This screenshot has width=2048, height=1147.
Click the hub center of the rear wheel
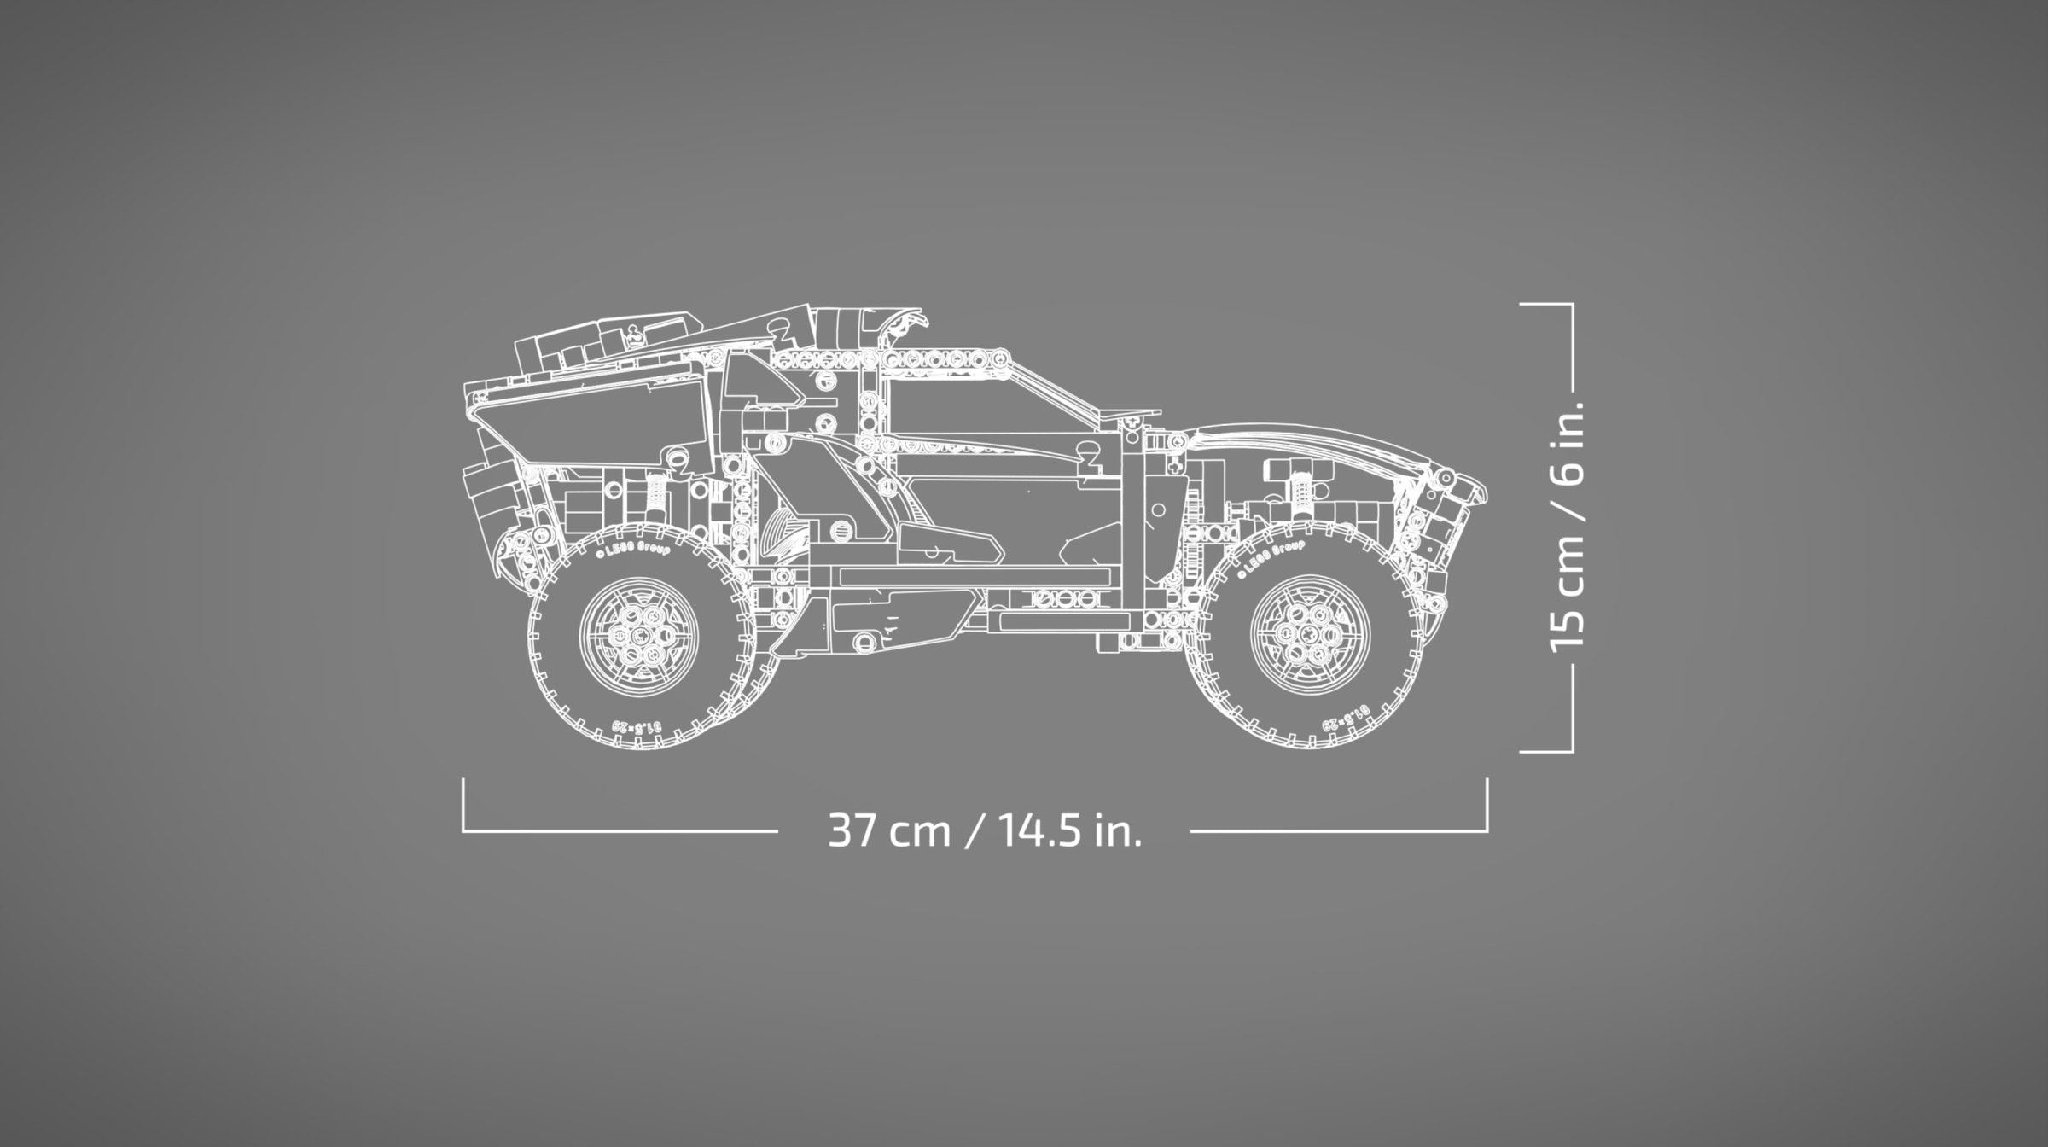pyautogui.click(x=639, y=635)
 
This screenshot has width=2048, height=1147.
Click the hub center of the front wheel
pyautogui.click(x=1308, y=635)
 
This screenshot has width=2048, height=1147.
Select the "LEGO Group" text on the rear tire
pyautogui.click(x=632, y=550)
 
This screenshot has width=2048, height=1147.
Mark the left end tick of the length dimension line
pyautogui.click(x=463, y=802)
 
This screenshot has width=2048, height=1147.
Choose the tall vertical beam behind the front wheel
pyautogui.click(x=1134, y=529)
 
